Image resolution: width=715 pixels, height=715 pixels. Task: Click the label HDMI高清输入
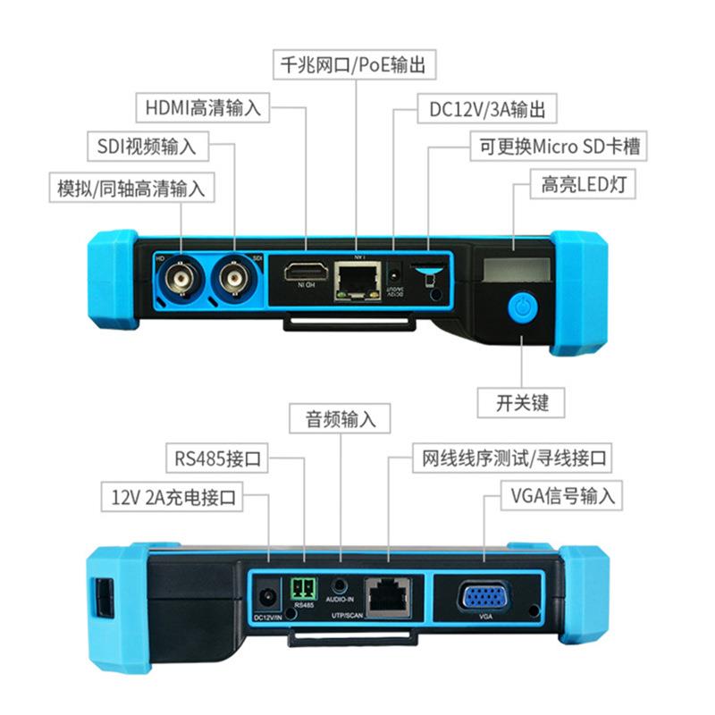pos(204,109)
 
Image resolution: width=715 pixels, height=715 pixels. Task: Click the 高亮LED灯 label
pos(580,186)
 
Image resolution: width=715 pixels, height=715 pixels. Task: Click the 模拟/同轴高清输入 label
pos(131,188)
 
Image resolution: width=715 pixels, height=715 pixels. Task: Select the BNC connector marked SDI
pos(235,280)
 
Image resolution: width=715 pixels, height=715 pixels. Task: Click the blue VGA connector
pos(484,595)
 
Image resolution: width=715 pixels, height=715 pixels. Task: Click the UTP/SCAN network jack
pos(390,593)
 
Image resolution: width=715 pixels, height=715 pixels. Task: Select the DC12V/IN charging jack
pos(266,597)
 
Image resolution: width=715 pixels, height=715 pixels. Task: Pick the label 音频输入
pos(341,418)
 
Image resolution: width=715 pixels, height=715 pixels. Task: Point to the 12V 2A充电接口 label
pos(172,497)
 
